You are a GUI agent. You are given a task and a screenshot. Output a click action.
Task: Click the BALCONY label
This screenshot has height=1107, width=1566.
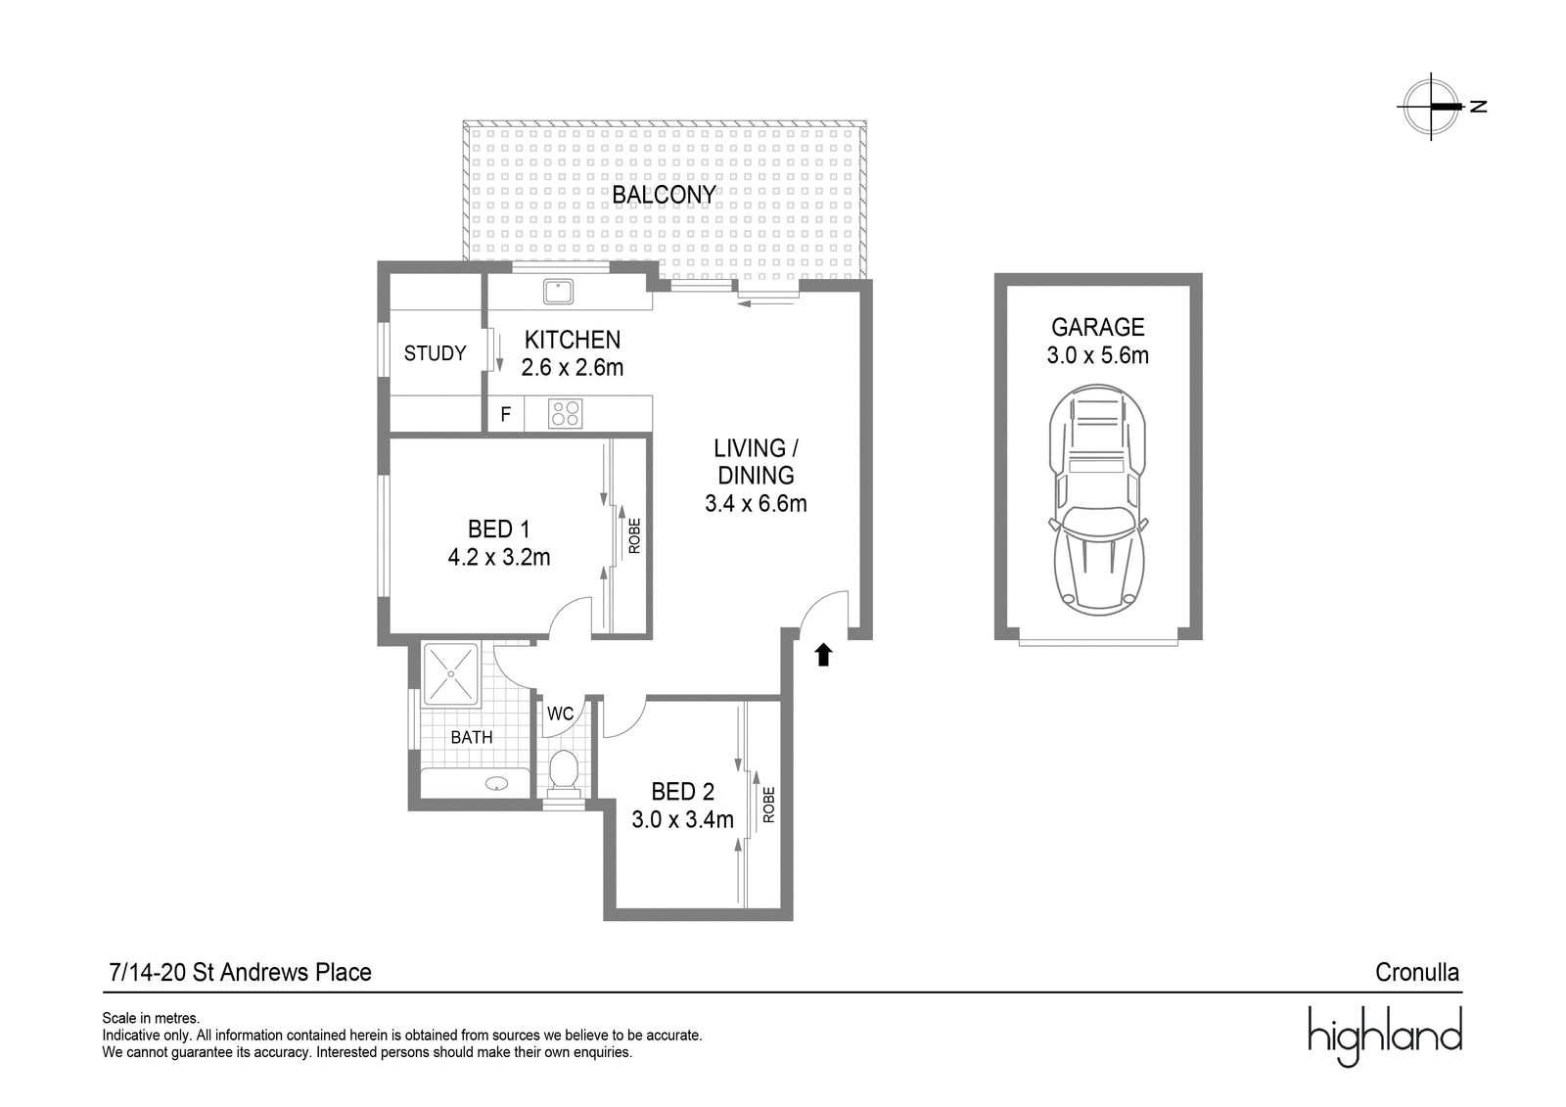664,195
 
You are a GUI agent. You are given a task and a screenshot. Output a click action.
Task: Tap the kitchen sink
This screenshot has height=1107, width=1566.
559,291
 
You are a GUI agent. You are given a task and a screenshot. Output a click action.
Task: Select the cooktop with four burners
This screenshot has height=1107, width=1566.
565,413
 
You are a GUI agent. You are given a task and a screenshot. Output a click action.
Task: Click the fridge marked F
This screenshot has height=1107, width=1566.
505,414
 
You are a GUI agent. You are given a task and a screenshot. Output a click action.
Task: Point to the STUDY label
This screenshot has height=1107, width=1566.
435,353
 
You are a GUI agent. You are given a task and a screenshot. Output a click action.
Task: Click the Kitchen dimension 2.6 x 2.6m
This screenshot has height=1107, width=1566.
572,367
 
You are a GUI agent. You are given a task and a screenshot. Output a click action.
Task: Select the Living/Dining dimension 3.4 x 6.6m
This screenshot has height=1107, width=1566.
756,503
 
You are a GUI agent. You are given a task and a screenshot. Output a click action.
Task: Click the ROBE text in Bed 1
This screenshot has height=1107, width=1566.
634,535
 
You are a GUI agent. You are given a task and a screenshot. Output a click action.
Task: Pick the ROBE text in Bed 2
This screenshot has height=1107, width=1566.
769,805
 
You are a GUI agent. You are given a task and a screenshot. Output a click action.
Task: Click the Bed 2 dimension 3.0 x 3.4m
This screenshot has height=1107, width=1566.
682,819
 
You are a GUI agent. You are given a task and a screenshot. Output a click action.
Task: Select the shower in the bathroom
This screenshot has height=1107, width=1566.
451,674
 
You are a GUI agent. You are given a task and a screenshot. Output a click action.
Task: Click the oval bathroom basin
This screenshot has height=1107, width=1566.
496,783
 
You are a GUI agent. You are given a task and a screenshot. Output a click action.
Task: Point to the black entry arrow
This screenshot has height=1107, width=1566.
823,655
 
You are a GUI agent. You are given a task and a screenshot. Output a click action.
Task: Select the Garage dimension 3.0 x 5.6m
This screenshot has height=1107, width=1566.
1097,355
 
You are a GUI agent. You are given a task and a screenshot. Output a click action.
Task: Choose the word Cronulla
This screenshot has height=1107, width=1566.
1417,972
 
